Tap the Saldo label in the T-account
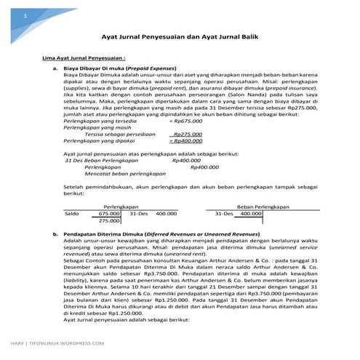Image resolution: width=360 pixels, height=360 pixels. click(71, 214)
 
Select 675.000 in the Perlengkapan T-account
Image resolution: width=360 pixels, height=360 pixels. click(110, 214)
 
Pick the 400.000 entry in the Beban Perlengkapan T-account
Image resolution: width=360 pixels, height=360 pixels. click(250, 214)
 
